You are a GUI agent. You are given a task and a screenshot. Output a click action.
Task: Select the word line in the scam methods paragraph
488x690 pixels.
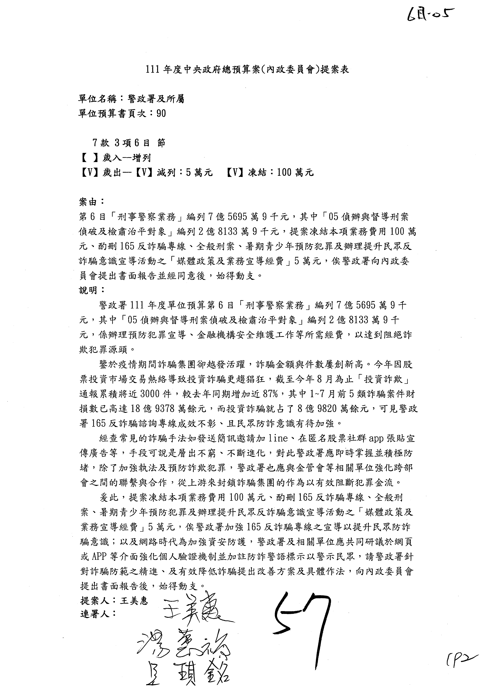(x=278, y=438)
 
